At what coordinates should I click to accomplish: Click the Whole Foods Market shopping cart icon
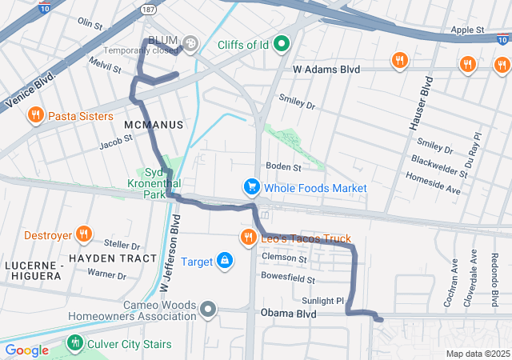(252, 187)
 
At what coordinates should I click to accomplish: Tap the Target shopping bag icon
(226, 261)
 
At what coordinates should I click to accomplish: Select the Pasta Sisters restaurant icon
(35, 116)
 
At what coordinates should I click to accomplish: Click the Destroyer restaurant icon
(84, 235)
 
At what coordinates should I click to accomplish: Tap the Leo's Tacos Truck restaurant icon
(248, 238)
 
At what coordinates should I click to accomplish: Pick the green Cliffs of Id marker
(281, 43)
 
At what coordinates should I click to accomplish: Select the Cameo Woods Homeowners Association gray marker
(208, 309)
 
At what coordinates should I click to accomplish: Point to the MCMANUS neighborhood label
(154, 126)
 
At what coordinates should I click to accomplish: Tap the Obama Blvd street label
(288, 314)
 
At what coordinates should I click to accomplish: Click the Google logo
(26, 350)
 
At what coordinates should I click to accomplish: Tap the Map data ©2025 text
(477, 354)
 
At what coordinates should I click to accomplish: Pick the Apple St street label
(468, 30)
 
